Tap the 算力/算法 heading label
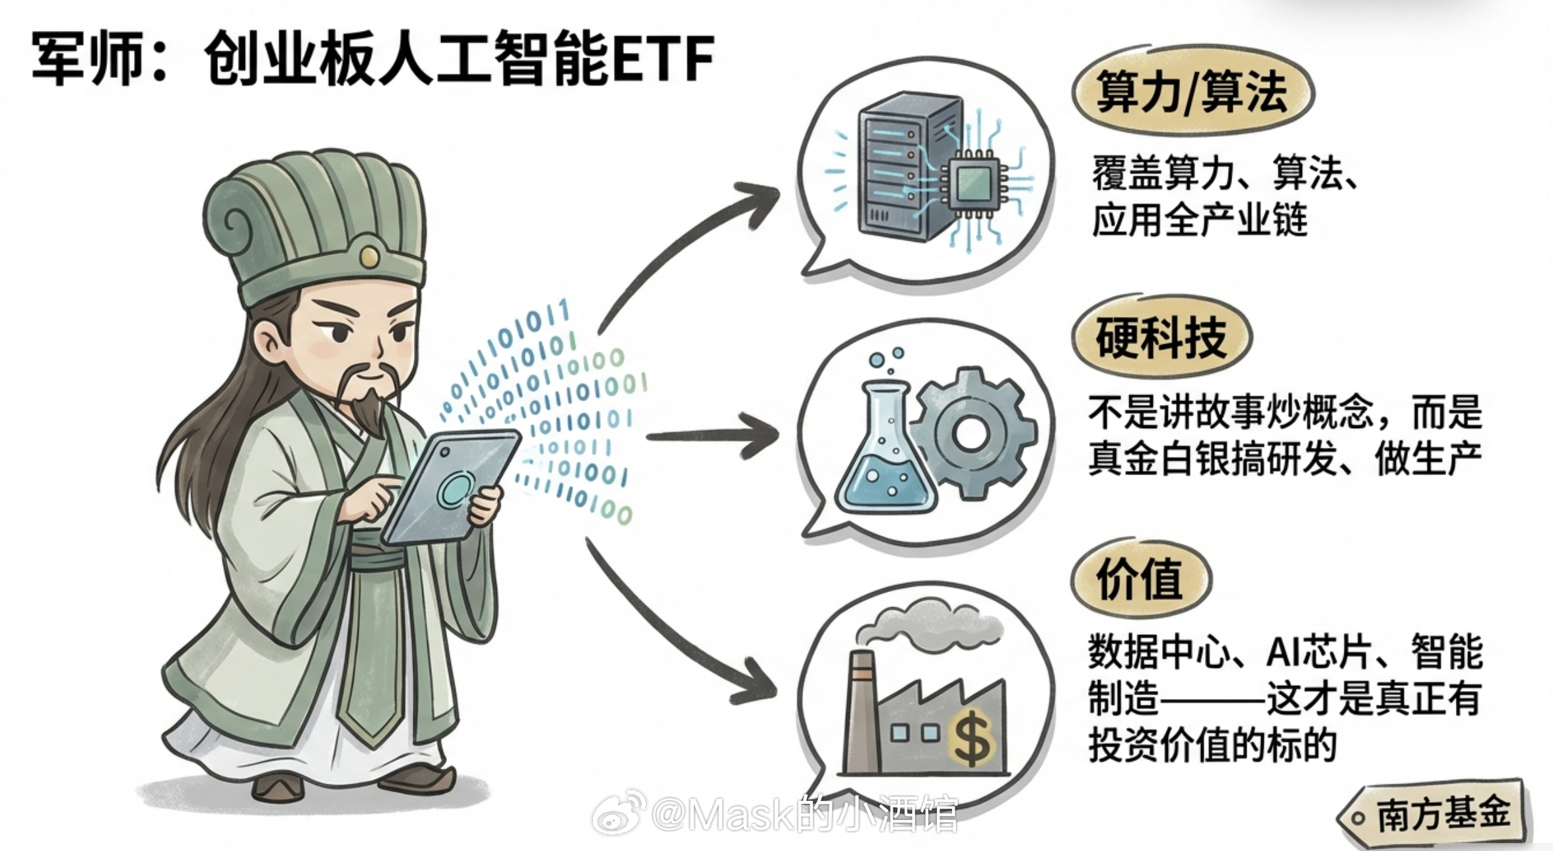pyautogui.click(x=1192, y=92)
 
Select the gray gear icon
pyautogui.click(x=971, y=433)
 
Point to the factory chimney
pyautogui.click(x=862, y=707)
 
